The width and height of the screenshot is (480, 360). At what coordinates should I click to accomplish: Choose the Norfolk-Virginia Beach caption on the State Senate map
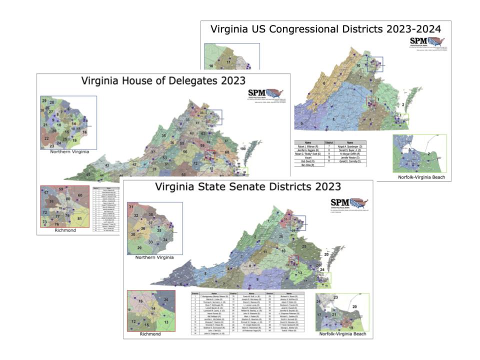(342, 334)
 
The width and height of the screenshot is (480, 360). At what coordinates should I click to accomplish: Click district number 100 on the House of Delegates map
(243, 149)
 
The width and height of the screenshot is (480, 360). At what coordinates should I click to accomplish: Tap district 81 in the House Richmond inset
(79, 218)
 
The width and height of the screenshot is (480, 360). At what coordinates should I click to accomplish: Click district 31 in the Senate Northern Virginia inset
(131, 206)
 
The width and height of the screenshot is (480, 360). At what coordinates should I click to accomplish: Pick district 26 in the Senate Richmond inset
(166, 299)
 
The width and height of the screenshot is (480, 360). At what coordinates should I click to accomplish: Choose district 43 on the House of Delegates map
(106, 165)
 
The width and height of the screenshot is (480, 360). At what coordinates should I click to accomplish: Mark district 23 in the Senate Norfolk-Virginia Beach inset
(335, 297)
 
